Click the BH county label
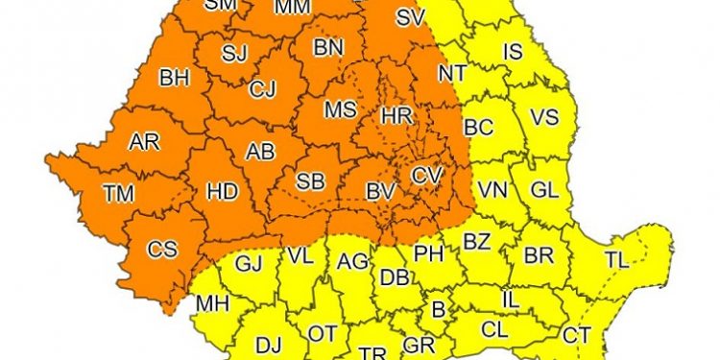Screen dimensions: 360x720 coord(174,78)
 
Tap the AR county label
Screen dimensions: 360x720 coord(144,141)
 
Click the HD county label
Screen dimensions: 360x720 coord(223,192)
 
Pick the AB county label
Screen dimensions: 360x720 coord(260,152)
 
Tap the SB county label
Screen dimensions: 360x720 coord(309,182)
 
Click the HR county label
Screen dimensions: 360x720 coord(396,115)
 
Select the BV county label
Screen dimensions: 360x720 coord(380,192)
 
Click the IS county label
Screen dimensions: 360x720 coord(513,52)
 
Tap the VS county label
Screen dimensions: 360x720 coord(544,117)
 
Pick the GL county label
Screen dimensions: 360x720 coord(543,190)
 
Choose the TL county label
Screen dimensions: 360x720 coord(616,259)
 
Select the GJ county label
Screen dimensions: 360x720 coord(249,262)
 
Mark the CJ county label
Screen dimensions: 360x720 coord(262,90)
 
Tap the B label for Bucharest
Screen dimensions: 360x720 coord(439,309)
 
